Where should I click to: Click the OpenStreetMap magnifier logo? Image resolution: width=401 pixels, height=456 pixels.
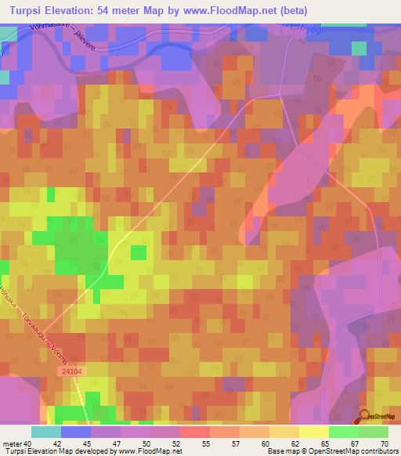[364, 417]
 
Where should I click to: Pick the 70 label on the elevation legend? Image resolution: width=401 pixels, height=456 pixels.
[383, 443]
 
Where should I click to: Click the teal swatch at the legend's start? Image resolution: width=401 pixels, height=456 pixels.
[46, 432]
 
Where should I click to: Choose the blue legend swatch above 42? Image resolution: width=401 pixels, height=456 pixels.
[76, 432]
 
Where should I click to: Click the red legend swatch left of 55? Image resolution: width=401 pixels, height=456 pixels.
[195, 432]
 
